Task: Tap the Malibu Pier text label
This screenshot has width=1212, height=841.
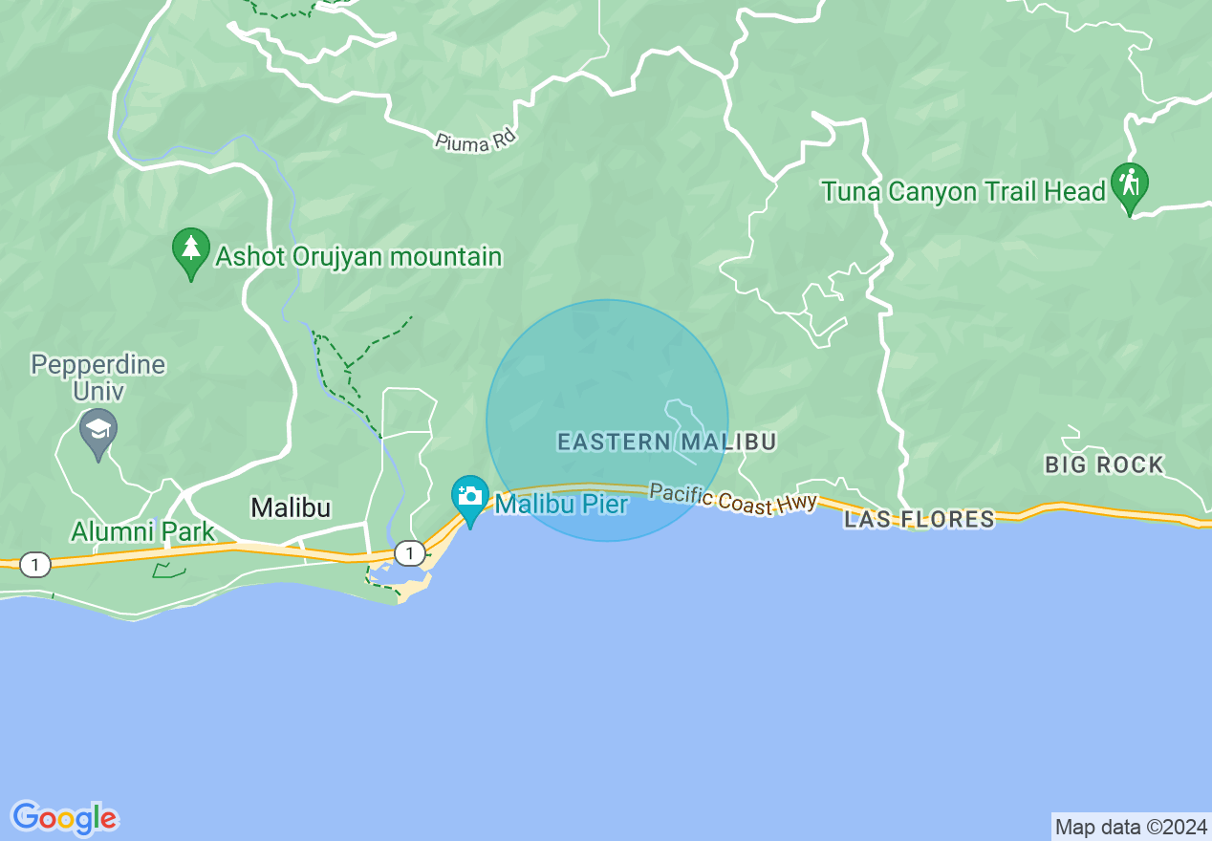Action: pos(561,504)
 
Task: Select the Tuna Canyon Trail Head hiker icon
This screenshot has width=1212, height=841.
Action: pos(1129,184)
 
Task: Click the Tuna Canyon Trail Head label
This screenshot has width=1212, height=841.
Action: pos(963,192)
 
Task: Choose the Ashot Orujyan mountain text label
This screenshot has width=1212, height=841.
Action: pos(358,256)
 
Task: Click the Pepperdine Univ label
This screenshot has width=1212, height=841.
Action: pos(97,377)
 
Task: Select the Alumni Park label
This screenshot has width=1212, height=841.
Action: pos(143,531)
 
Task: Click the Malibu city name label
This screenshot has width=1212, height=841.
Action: pos(291,507)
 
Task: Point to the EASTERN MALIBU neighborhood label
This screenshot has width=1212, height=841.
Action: pos(666,442)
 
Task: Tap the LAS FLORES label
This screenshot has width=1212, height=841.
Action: pos(919,519)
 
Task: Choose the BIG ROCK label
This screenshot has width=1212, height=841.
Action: pos(1104,465)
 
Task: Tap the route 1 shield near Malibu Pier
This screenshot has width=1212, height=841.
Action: pos(410,552)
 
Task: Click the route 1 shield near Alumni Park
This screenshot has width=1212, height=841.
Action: pos(35,565)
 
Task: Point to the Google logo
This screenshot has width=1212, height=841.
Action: pos(65,818)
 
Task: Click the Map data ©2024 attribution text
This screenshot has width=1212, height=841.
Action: pos(1131,827)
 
